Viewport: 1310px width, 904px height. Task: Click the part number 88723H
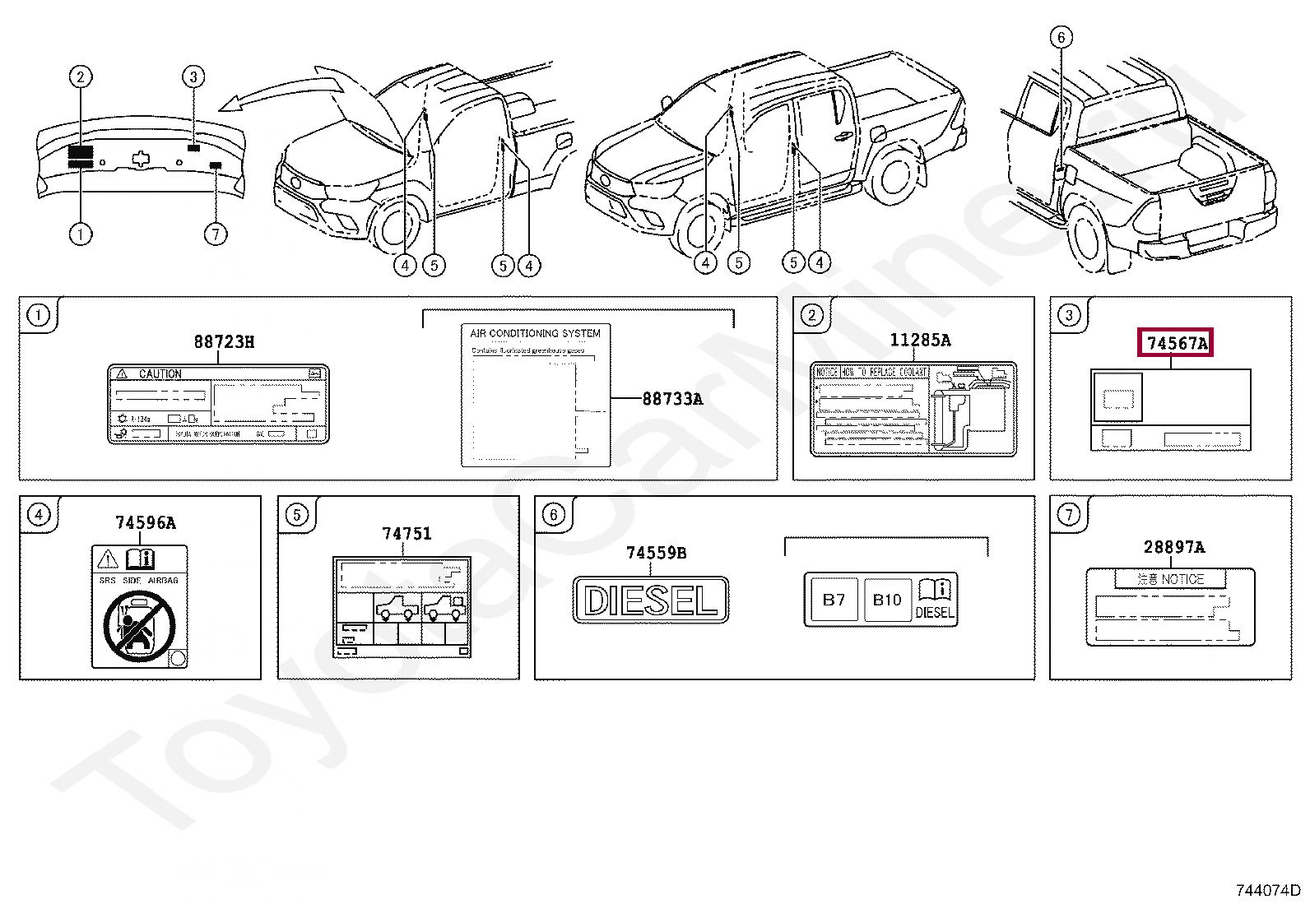[x=224, y=341]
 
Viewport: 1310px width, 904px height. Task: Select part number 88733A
[x=672, y=399]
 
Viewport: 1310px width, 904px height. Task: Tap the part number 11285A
[x=920, y=340]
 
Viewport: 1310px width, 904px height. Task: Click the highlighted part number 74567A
[x=1177, y=343]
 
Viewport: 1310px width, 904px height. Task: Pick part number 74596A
[x=145, y=522]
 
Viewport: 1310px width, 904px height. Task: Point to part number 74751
[x=406, y=534]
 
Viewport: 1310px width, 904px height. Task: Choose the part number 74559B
[x=656, y=554]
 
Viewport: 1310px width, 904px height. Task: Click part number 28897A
[x=1174, y=547]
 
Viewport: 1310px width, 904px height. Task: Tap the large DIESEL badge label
[x=650, y=600]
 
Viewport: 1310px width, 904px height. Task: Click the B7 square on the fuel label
[x=834, y=600]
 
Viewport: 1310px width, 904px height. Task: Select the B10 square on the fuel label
[x=887, y=600]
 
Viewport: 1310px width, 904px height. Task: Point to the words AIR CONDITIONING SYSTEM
[x=535, y=333]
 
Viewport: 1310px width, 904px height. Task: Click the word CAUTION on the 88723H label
[x=160, y=373]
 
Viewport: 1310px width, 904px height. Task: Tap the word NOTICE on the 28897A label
[x=1182, y=579]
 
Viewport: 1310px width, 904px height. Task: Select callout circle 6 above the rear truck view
[x=1061, y=37]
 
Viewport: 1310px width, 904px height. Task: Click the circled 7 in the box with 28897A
[x=1067, y=516]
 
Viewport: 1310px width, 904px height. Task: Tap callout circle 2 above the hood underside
[x=80, y=77]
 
